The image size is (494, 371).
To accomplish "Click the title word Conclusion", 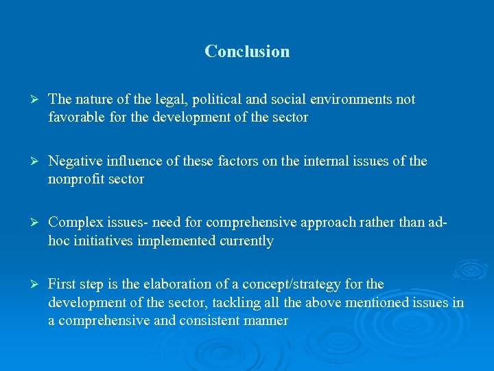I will click(247, 52).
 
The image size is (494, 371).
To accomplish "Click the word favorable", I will click(75, 117).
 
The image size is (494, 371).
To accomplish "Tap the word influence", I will click(132, 161).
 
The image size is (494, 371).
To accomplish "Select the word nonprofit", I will click(75, 179).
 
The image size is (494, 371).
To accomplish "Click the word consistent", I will click(208, 320).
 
